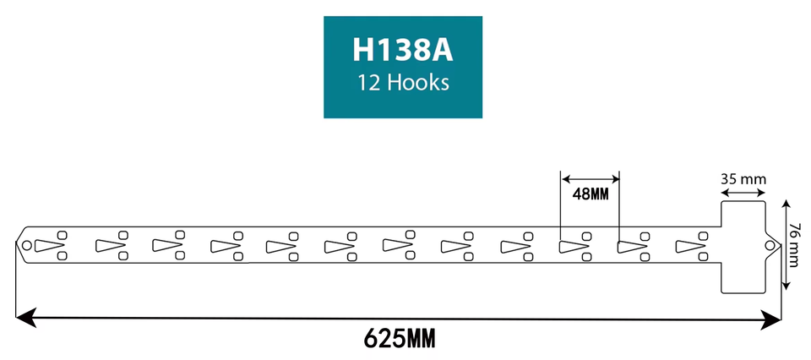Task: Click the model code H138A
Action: click(x=403, y=50)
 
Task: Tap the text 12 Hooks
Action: click(x=403, y=84)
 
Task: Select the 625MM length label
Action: click(x=400, y=340)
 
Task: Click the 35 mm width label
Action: click(x=743, y=179)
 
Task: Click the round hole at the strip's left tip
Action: click(x=26, y=246)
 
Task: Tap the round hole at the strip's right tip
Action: click(x=770, y=245)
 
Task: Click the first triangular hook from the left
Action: click(x=52, y=246)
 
